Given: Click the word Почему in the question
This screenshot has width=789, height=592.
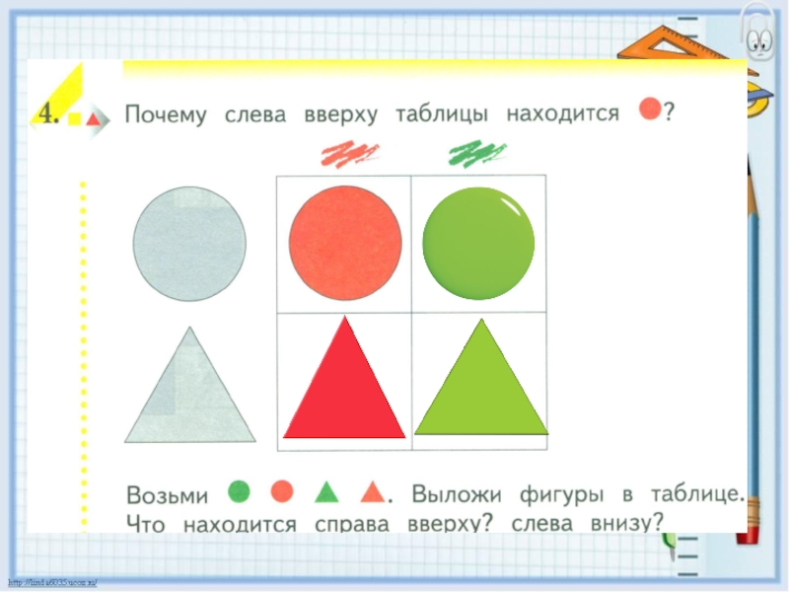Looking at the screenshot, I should [166, 115].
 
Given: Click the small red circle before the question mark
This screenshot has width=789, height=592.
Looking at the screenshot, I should [649, 110].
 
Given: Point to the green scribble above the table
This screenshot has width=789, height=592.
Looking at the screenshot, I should [476, 153].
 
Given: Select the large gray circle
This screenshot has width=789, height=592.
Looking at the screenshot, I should [189, 243].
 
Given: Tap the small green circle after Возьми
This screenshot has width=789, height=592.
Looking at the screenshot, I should [238, 490].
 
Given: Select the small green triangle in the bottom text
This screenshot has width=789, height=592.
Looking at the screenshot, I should [326, 490].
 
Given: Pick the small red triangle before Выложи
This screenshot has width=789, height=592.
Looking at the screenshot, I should [372, 490].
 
